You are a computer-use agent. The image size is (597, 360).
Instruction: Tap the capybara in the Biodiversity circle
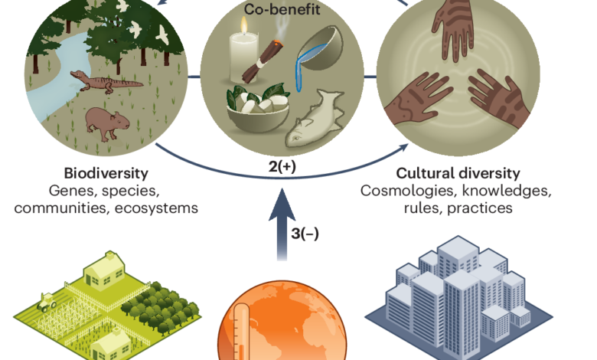tap(107, 123)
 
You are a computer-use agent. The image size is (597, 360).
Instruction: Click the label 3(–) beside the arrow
tap(305, 233)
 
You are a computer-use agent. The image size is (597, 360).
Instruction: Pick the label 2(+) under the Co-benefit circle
tap(282, 166)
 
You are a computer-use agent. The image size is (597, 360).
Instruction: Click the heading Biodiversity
tap(106, 173)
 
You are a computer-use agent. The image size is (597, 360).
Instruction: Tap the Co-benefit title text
tap(282, 8)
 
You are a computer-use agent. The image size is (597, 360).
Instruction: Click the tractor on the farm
tap(47, 302)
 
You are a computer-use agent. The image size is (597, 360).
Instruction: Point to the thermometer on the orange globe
tap(241, 332)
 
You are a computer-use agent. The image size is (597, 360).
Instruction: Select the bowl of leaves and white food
tap(258, 109)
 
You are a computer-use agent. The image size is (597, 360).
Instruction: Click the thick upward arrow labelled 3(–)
tap(282, 224)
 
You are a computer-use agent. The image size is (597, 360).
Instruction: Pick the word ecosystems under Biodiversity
tap(156, 208)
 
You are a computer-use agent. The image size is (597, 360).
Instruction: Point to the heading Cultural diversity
tap(458, 173)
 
